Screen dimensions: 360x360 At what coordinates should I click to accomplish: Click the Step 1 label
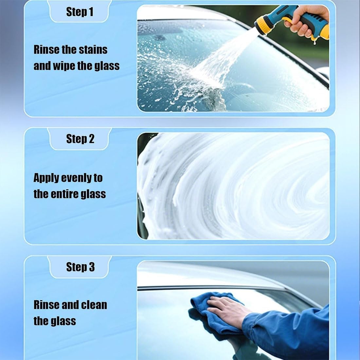(x=80, y=12)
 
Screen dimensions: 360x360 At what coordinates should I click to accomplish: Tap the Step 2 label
(x=80, y=139)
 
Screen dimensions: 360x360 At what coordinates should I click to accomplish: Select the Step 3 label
(x=81, y=267)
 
